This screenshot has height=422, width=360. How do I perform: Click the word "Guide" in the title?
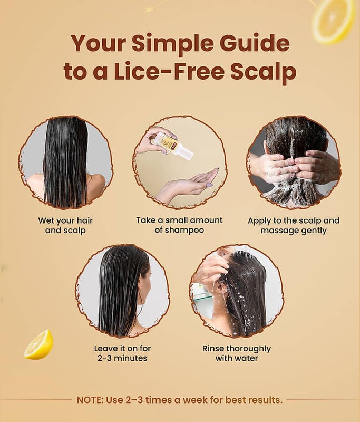click(255, 43)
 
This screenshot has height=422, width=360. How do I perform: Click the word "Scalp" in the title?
click(263, 73)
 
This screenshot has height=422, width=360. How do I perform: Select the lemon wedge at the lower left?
click(38, 345)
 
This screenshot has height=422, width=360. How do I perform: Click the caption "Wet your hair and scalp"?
click(65, 226)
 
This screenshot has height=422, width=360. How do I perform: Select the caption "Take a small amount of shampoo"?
click(179, 225)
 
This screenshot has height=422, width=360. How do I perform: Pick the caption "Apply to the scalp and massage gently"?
click(294, 226)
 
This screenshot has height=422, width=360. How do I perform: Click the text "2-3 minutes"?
click(122, 358)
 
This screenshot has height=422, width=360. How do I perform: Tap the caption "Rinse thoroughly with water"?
click(237, 353)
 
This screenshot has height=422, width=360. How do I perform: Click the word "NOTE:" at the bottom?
click(90, 400)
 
